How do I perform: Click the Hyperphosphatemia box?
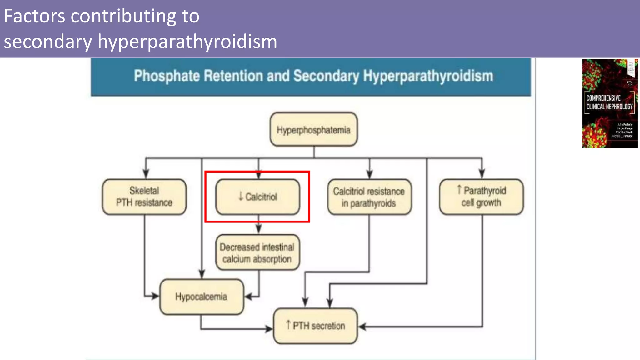pyautogui.click(x=314, y=129)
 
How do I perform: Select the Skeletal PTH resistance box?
pyautogui.click(x=144, y=197)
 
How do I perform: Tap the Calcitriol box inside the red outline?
pyautogui.click(x=258, y=197)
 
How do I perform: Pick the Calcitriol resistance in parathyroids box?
pyautogui.click(x=369, y=197)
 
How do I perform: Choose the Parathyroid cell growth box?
pyautogui.click(x=481, y=197)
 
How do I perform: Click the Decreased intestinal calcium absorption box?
pyautogui.click(x=258, y=252)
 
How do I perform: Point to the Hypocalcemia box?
pyautogui.click(x=202, y=297)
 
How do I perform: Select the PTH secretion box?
pyautogui.click(x=315, y=326)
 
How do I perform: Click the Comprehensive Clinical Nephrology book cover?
pyautogui.click(x=610, y=103)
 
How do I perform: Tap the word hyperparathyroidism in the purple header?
pyautogui.click(x=187, y=42)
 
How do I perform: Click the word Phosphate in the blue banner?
pyautogui.click(x=167, y=76)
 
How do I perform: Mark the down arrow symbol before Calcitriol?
pyautogui.click(x=241, y=196)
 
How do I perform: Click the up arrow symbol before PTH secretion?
pyautogui.click(x=288, y=325)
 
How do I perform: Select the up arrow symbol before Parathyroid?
pyautogui.click(x=459, y=189)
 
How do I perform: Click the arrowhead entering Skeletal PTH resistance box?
pyautogui.click(x=146, y=174)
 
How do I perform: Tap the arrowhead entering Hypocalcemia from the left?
pyautogui.click(x=155, y=296)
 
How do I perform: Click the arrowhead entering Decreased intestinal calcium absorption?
pyautogui.click(x=258, y=229)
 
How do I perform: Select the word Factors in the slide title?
pyautogui.click(x=34, y=16)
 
